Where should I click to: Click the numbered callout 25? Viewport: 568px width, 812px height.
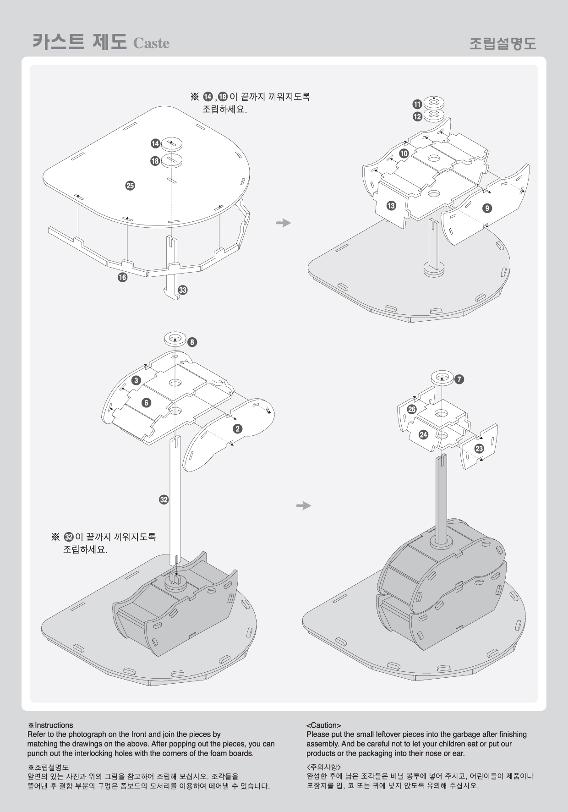point(130,186)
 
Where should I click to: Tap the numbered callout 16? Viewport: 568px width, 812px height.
point(122,277)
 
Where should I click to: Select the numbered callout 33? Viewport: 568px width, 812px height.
point(183,290)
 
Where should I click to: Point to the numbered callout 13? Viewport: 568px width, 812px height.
point(391,206)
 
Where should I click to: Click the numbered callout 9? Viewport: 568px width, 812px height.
point(487,208)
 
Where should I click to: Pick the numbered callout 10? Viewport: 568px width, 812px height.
point(404,154)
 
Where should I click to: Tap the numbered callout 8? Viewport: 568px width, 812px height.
point(192,342)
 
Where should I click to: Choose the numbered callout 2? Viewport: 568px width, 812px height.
point(237,429)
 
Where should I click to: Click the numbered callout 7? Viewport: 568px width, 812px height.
point(459,379)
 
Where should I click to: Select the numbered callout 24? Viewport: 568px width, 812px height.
point(424,434)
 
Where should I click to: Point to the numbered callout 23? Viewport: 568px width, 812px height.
point(479,448)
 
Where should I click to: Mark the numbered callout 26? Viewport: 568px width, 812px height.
point(412,409)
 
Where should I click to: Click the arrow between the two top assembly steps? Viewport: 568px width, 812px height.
point(284,223)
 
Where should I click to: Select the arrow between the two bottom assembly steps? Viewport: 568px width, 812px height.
point(304,505)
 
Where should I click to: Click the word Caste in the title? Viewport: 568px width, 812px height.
point(151,44)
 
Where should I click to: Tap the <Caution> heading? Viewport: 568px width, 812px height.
point(323,725)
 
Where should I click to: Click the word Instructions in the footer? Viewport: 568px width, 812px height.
point(54,725)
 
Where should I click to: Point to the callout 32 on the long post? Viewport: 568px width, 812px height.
point(164,499)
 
